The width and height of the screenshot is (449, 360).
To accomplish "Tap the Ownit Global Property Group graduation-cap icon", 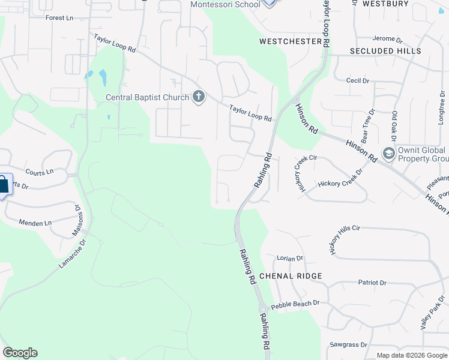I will [x=388, y=154].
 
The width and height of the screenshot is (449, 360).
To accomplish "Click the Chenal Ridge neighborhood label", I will [x=291, y=276].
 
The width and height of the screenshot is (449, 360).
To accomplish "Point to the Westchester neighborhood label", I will [x=291, y=41].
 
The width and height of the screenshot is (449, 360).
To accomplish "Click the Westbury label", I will [x=403, y=4].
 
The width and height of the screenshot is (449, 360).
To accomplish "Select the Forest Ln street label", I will [x=59, y=18].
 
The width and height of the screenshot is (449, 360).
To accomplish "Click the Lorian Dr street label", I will [x=290, y=259].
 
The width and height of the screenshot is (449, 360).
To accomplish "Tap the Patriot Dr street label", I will [x=372, y=283].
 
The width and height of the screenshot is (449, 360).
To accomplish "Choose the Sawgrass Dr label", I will [x=349, y=345].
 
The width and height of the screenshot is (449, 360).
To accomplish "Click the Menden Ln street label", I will [x=35, y=223].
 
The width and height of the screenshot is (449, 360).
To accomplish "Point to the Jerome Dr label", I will [x=387, y=40].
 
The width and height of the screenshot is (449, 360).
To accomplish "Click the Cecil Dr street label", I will [x=357, y=80].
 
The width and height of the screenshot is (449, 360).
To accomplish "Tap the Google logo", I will [x=20, y=353].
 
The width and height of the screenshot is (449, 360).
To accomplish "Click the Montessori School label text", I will [x=225, y=4].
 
